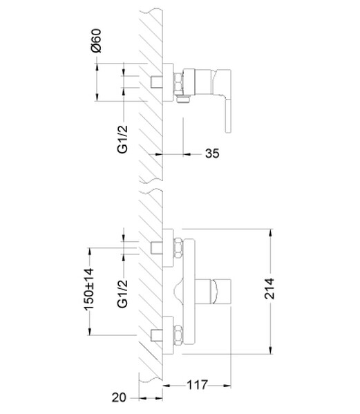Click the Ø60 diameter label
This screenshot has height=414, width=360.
pos(96,40)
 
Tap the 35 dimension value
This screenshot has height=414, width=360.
pos(212,153)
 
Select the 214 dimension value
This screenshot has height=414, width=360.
pos(269,289)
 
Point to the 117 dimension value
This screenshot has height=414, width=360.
pos(198,385)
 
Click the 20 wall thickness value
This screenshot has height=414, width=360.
pos(119,397)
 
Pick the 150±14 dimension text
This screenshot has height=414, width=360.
pos(88,290)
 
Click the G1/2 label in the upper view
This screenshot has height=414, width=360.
pos(122,139)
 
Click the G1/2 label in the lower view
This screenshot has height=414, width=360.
pos(122,294)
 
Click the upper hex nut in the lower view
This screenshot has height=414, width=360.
pos(178,247)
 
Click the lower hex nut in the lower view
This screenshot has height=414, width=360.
pos(178,335)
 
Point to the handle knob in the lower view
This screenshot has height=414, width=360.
pos(221,291)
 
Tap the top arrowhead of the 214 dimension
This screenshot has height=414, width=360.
pos(271,234)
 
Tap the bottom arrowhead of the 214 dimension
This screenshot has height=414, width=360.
pos(271,350)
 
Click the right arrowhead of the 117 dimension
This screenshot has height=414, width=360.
pos(227,386)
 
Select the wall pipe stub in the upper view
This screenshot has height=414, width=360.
pos(157,82)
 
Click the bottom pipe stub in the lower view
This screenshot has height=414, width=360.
pos(157,335)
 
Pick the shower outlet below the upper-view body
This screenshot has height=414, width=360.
pos(183,100)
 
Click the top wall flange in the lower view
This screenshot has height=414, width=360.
pos(168,248)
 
